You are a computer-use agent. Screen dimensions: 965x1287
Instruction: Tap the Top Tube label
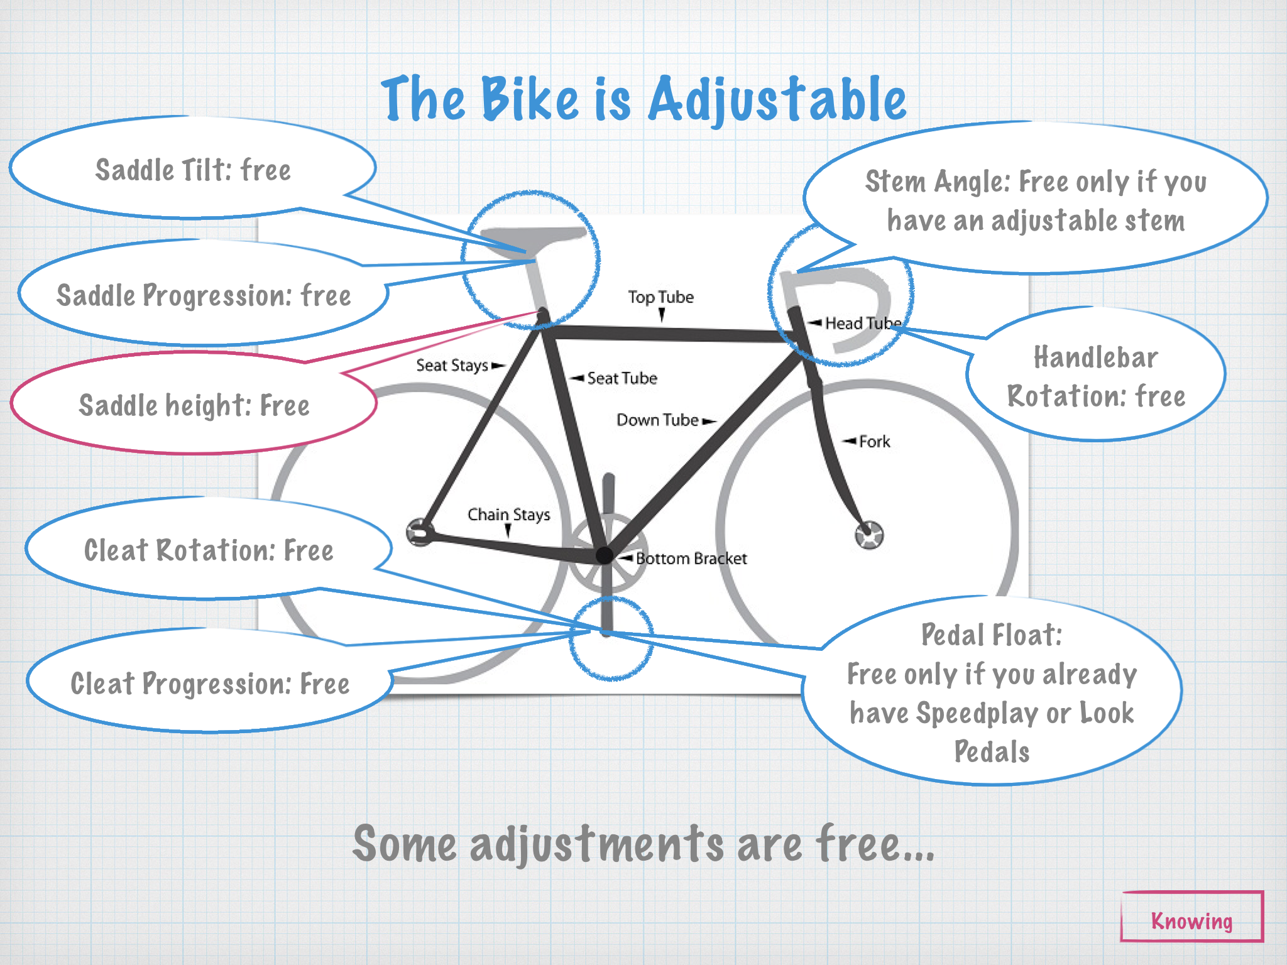pos(660,297)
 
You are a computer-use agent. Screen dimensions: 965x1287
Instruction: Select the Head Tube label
pos(863,324)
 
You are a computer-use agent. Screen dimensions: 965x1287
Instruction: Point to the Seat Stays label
pos(452,366)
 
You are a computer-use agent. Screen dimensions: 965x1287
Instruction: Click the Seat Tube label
pos(622,378)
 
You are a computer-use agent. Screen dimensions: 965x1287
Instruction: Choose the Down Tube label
pos(657,420)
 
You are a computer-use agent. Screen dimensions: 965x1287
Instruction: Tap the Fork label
pos(874,442)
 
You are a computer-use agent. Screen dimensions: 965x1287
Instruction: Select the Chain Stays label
pos(508,515)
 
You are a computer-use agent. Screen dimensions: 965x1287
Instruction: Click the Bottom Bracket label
pos(691,559)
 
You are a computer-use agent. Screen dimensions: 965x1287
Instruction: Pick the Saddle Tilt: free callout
pos(193,170)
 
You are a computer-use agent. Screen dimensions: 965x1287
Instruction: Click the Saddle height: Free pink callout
pos(194,405)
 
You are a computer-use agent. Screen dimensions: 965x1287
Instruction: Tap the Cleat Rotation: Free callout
pos(209,550)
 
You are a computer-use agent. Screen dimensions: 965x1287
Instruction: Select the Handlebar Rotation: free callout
pos(1096,376)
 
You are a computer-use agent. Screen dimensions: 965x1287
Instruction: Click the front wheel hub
pos(869,535)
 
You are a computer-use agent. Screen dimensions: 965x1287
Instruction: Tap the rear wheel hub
pos(420,532)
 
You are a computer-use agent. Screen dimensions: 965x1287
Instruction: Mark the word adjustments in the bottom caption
pos(597,844)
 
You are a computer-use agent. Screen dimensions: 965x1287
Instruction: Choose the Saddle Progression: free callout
pos(204,295)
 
